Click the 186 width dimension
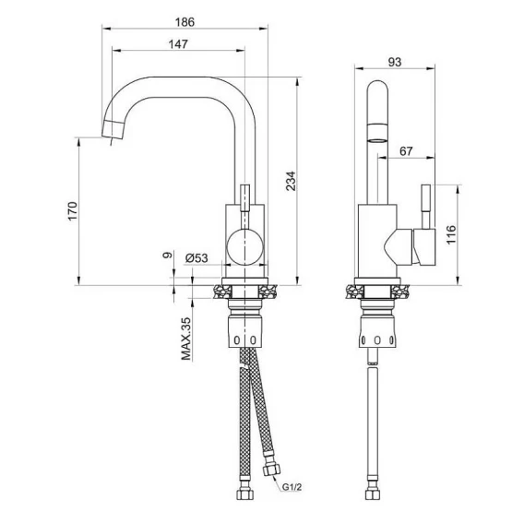(185, 22)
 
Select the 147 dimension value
(178, 44)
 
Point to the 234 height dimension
(291, 181)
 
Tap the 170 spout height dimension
(73, 211)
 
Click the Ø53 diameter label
(196, 258)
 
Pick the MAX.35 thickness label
(186, 339)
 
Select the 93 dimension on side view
(395, 62)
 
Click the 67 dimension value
(406, 151)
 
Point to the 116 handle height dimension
(451, 235)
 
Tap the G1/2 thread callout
(292, 487)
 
